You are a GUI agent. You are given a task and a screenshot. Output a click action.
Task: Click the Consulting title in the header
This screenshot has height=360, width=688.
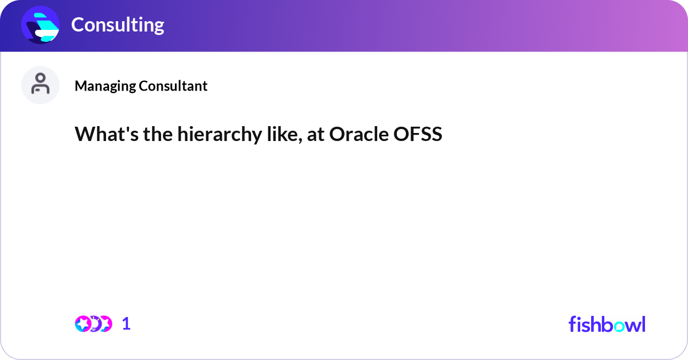(118, 25)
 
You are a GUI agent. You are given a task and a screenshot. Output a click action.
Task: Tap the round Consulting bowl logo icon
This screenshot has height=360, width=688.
(40, 25)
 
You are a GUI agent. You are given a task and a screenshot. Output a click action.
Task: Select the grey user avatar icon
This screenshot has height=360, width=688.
(40, 85)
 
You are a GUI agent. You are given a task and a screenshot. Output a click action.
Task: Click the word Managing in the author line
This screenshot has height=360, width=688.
(105, 87)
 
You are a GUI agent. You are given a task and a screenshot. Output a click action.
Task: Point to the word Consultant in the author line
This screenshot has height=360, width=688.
(173, 85)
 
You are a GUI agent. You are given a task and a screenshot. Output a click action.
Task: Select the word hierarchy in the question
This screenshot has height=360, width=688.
(220, 135)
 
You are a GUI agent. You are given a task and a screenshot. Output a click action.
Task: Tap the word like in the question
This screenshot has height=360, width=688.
(283, 134)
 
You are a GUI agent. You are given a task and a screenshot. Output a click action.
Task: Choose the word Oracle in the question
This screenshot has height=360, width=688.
(359, 134)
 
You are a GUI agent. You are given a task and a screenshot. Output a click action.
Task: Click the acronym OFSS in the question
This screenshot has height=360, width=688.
(418, 134)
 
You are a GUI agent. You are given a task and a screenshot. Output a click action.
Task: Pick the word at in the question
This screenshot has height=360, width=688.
(315, 135)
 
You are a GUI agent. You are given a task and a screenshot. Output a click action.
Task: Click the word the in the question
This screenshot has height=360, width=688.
(158, 134)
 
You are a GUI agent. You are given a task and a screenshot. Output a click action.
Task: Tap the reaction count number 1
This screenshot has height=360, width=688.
(126, 324)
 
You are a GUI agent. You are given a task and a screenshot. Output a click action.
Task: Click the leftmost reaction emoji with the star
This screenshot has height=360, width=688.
(83, 324)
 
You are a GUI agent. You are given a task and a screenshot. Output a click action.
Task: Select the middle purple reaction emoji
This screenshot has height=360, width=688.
(95, 324)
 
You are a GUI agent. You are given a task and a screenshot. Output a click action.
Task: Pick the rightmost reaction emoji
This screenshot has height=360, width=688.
(105, 324)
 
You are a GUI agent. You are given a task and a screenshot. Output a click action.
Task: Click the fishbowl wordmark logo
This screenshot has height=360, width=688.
(607, 324)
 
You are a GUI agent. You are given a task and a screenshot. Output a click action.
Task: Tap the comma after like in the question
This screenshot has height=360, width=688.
(300, 141)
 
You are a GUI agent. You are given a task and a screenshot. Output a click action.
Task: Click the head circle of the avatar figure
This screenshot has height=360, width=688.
(40, 78)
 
